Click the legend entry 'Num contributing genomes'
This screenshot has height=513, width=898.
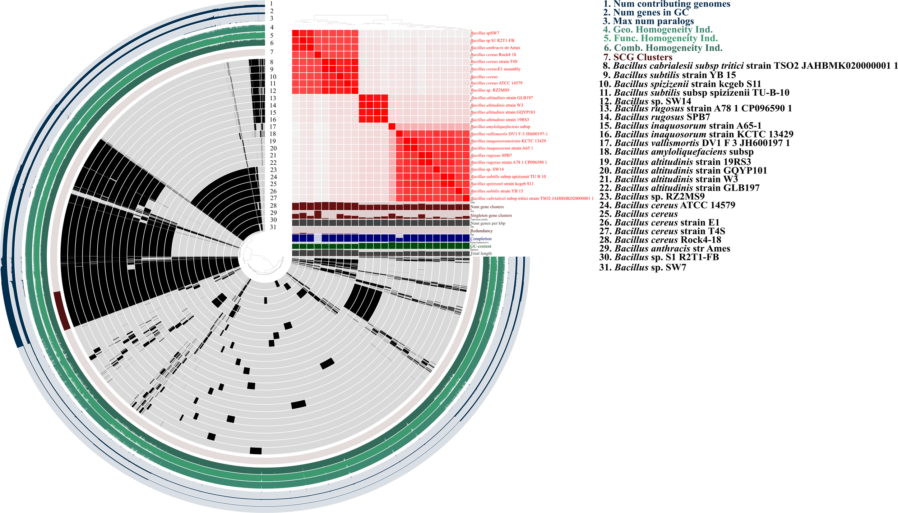tap(666, 4)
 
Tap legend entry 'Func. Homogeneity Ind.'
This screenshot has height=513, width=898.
tap(661, 38)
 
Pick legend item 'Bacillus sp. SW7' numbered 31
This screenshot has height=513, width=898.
tap(643, 267)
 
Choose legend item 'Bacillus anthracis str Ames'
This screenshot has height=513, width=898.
tap(665, 248)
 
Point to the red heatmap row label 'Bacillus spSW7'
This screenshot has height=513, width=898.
tap(485, 33)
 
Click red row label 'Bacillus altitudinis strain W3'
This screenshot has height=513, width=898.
tap(497, 105)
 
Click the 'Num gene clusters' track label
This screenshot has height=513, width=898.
tap(487, 207)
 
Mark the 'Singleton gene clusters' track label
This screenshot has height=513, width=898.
tap(491, 215)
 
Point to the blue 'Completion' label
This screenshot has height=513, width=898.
tap(481, 239)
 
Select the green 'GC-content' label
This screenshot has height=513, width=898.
tap(481, 246)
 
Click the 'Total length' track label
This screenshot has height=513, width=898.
tap(481, 253)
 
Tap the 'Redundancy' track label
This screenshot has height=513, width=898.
tap(481, 231)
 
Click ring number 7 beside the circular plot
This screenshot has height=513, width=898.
tap(272, 52)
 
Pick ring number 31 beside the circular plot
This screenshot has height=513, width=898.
tap(273, 227)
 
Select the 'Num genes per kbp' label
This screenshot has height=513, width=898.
tap(488, 223)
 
